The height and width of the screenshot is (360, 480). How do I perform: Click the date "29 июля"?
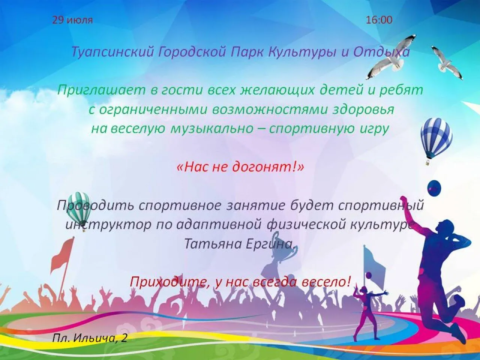(72, 20)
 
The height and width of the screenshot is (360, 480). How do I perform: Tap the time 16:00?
(379, 20)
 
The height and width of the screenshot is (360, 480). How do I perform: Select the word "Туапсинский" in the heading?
(112, 52)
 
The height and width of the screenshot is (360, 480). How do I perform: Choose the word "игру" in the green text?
(373, 129)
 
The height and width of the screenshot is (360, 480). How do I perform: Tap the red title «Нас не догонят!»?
(240, 167)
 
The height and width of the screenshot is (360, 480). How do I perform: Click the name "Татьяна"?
(213, 244)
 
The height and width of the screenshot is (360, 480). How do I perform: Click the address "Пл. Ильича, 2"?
(90, 338)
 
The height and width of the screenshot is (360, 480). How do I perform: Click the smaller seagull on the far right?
(447, 63)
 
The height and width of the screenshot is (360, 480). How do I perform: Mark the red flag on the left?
(62, 255)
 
